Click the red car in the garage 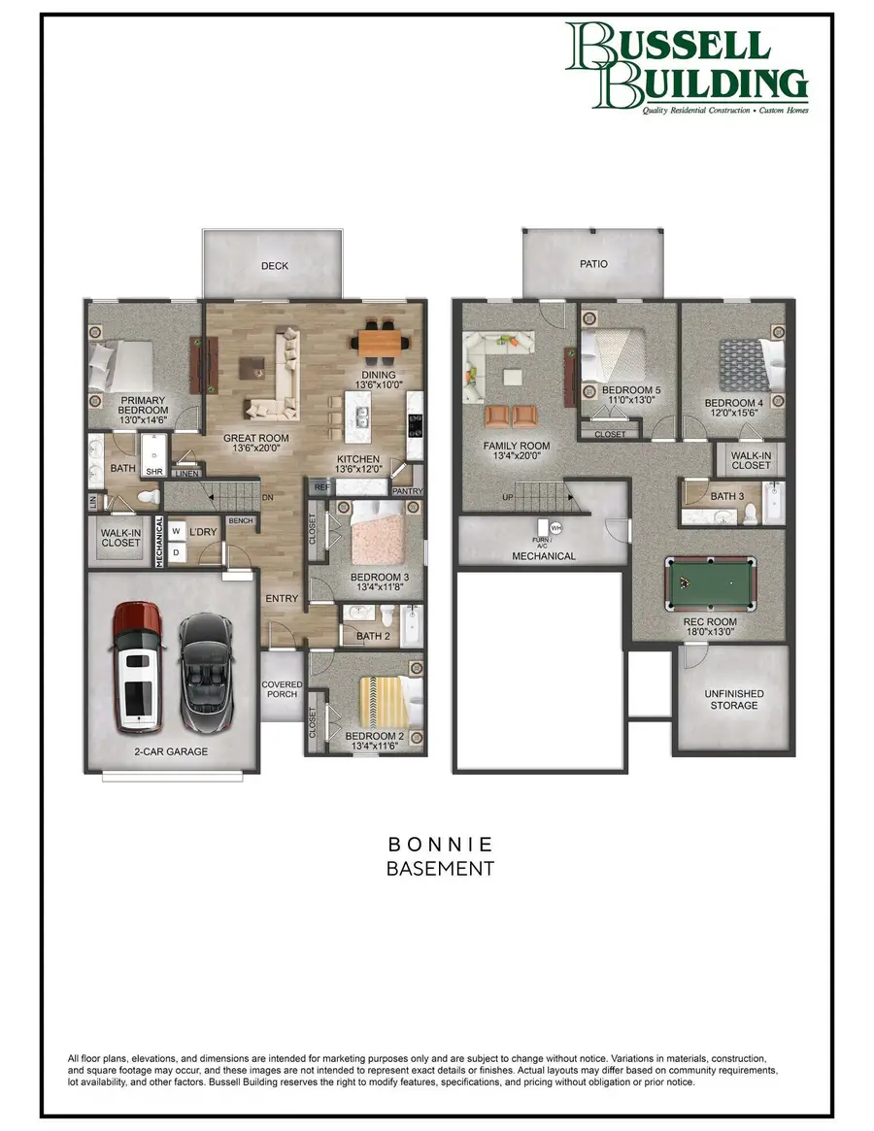point(137,667)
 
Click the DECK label point(273,265)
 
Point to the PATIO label point(593,263)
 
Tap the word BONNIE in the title point(440,844)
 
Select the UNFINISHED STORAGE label point(734,699)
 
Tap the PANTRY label point(408,491)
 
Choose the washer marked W point(177,531)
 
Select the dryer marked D point(177,552)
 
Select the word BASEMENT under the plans point(440,868)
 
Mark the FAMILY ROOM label point(517,446)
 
